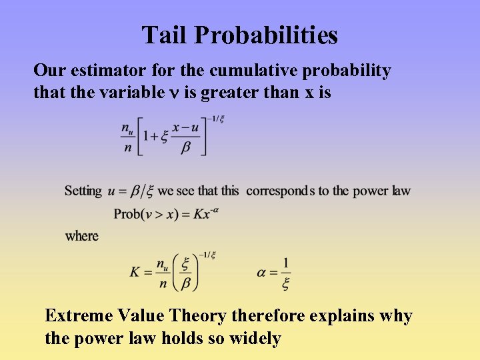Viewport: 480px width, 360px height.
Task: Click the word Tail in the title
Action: click(x=160, y=35)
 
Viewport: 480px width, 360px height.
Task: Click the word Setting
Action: click(x=83, y=191)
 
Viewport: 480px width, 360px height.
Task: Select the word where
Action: click(x=81, y=236)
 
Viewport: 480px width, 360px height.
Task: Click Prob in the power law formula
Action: click(x=127, y=213)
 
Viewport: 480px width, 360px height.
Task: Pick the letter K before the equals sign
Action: click(x=136, y=272)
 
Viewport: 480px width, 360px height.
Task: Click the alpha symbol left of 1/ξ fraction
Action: click(x=262, y=272)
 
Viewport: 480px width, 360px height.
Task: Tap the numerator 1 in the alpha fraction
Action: click(x=286, y=263)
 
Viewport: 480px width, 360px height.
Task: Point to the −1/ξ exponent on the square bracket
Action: click(x=215, y=119)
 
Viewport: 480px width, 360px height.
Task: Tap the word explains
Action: click(x=340, y=316)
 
